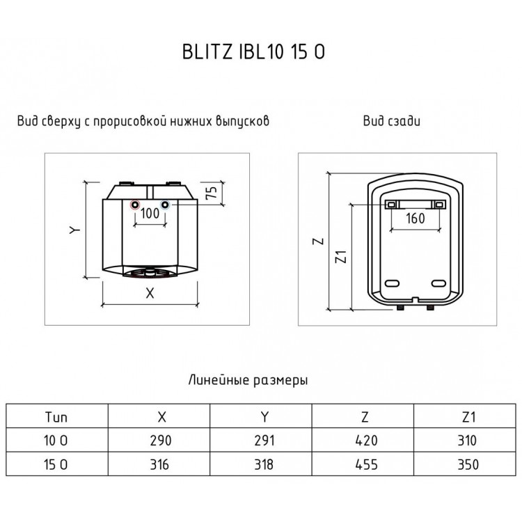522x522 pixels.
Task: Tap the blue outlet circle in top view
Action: tap(165, 205)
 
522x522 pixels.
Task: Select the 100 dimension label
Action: tap(150, 214)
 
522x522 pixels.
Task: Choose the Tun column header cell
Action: tap(58, 417)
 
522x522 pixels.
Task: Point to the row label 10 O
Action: tap(58, 441)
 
